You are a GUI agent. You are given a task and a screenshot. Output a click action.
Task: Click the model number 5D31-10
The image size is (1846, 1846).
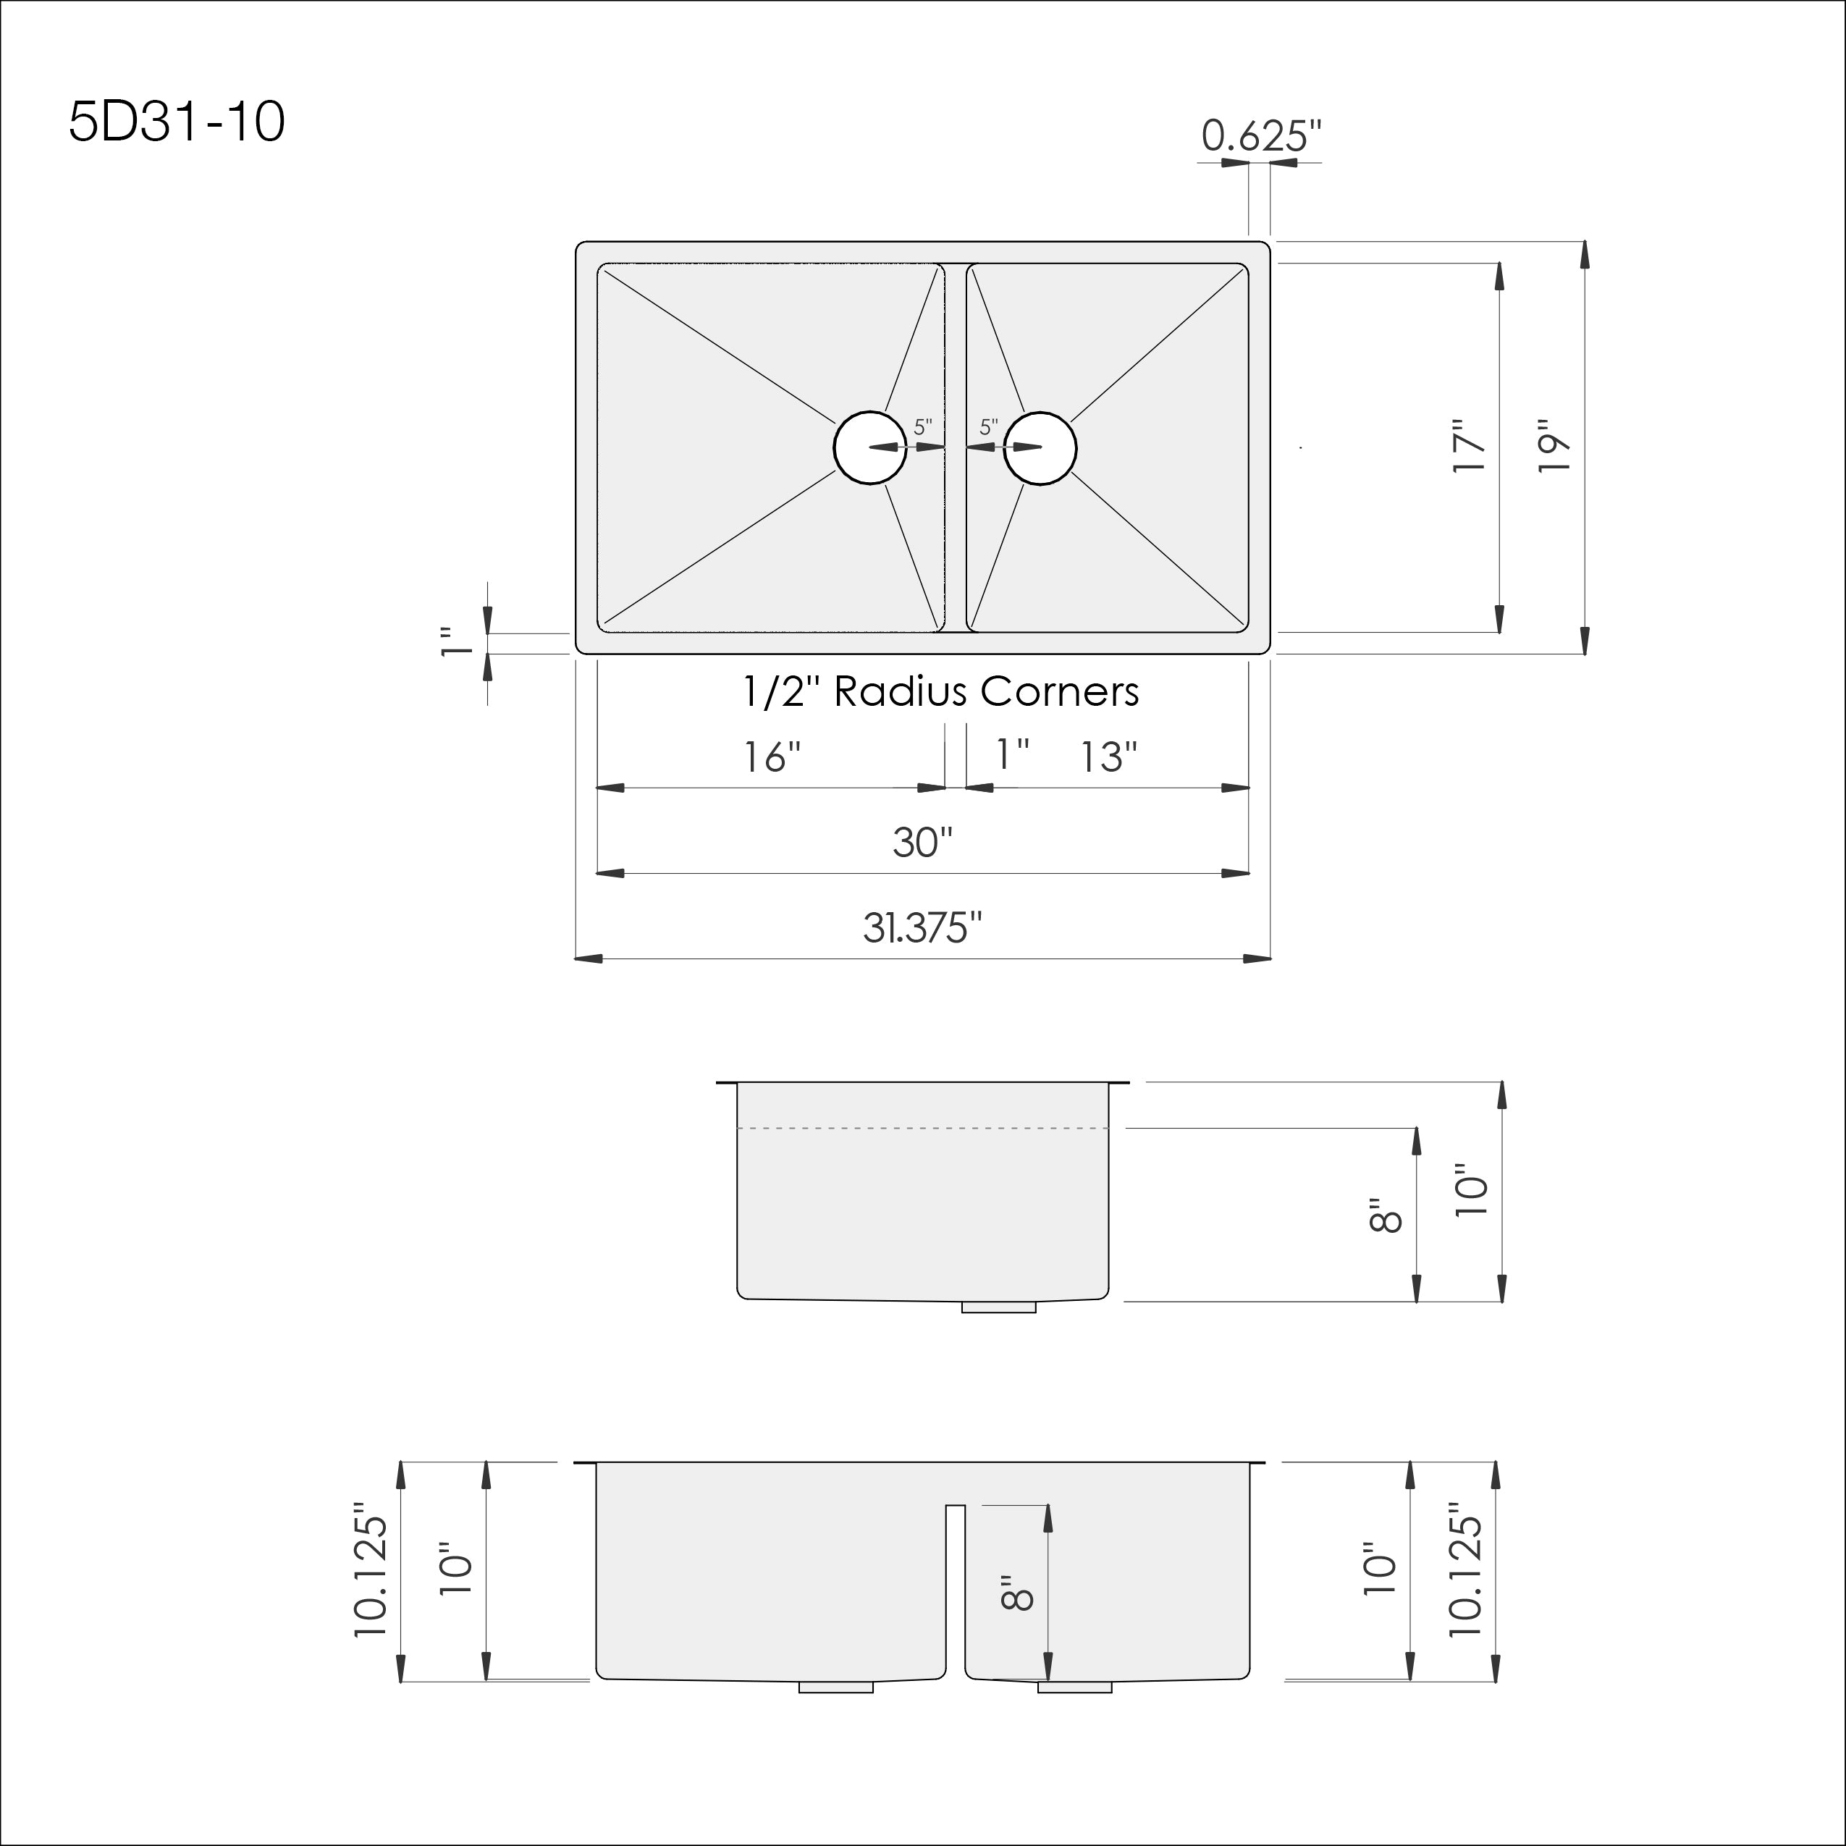[x=177, y=123]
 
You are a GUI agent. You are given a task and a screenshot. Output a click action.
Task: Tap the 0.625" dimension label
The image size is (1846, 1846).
[x=1261, y=137]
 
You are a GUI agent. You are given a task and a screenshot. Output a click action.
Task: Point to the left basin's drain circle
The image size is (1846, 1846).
[x=869, y=447]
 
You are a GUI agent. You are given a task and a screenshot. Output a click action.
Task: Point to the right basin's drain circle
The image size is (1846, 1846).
[x=1040, y=447]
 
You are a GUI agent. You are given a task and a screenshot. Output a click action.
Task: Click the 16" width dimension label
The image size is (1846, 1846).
[x=772, y=758]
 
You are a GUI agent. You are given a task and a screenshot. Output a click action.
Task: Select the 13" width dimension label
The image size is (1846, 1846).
[x=1108, y=758]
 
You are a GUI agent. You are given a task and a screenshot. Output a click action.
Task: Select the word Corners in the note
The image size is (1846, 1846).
[x=1061, y=692]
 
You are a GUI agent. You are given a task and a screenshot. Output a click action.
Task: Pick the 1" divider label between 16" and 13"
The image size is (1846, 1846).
[x=1012, y=755]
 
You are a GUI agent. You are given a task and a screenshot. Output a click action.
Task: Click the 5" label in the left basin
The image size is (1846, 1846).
[x=922, y=427]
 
